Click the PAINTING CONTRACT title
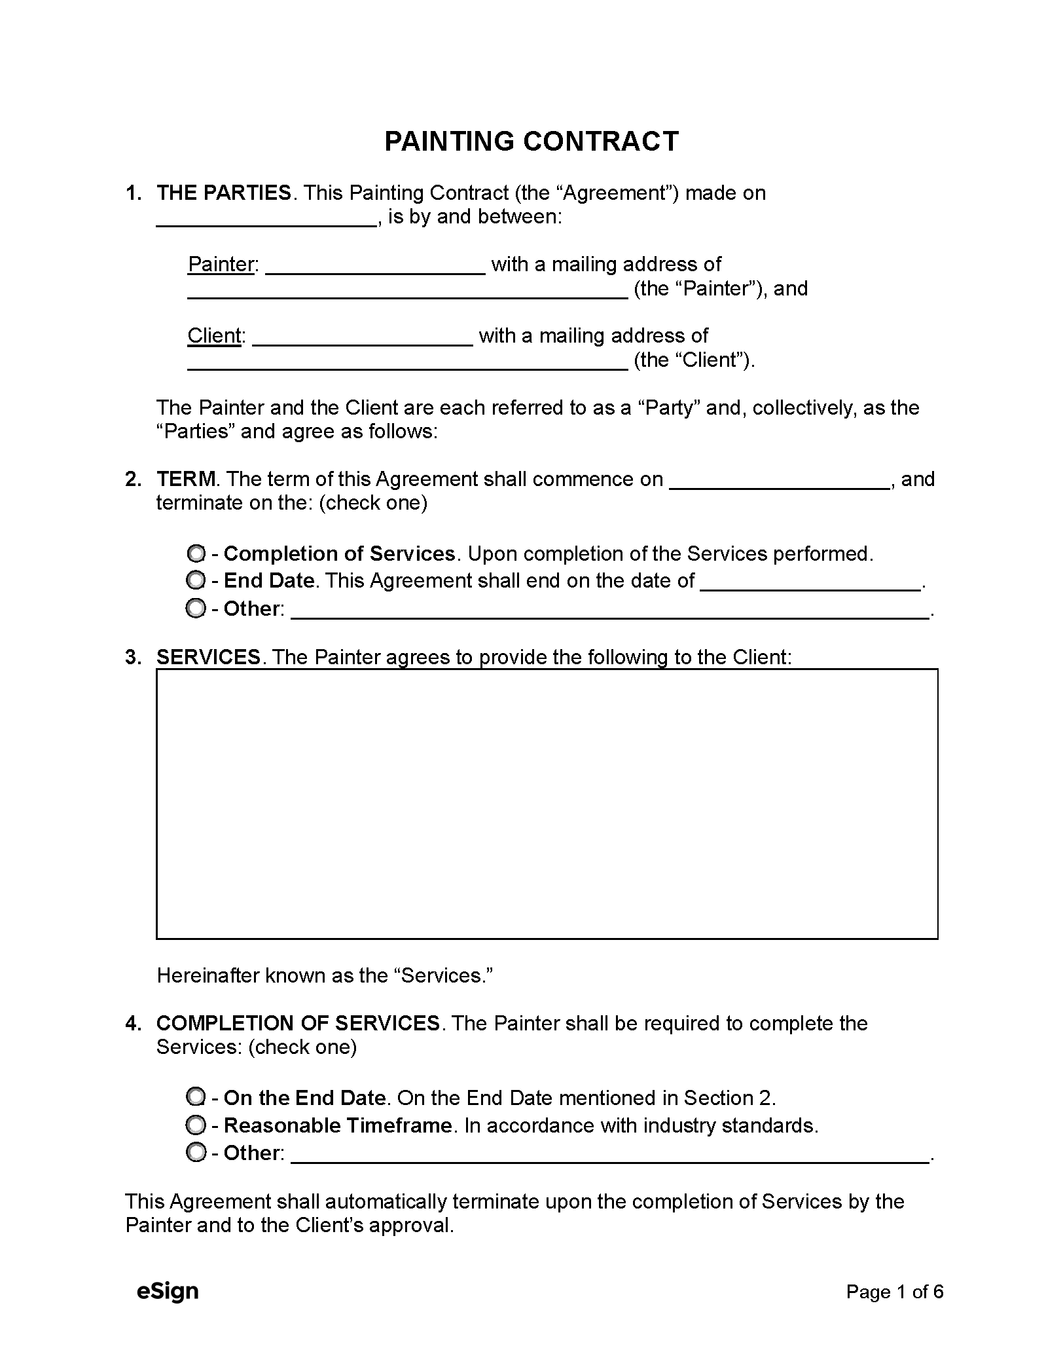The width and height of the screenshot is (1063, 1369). point(531,141)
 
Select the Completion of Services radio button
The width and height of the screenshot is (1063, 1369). point(196,553)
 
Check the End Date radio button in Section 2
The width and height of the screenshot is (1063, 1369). point(196,580)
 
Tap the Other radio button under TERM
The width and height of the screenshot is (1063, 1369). point(196,609)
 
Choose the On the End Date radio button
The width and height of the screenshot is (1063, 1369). point(196,1098)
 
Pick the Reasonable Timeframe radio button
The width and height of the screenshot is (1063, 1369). point(196,1125)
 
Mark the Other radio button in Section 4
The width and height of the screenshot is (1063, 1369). point(196,1153)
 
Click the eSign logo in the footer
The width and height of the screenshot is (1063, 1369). point(168,1290)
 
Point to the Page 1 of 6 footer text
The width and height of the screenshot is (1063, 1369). point(894,1291)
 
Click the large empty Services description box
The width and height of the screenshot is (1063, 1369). point(547,804)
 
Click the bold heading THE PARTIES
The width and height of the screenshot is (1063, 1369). point(223,193)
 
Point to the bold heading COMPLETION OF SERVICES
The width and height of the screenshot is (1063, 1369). point(298,1023)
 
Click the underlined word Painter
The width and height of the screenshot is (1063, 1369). point(221,265)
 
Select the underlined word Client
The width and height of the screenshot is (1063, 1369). point(214,336)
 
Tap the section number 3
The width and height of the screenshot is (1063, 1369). point(133,657)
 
